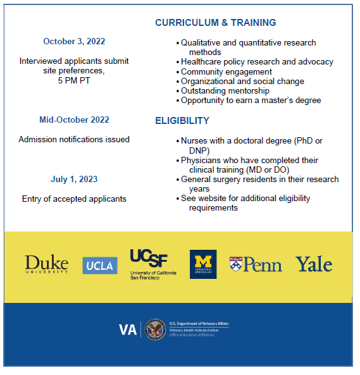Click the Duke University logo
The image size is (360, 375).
click(46, 264)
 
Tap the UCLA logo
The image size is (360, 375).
click(100, 266)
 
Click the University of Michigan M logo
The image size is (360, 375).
click(203, 264)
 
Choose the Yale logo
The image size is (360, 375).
click(314, 264)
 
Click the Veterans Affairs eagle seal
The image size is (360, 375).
click(155, 329)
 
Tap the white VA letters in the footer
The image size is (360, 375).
click(128, 330)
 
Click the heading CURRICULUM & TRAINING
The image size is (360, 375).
click(216, 23)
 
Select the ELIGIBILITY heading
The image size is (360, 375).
click(182, 121)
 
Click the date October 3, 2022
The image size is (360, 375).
click(74, 42)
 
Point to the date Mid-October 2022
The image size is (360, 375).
click(74, 120)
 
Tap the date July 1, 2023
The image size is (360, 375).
click(74, 180)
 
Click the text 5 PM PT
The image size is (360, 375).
click(74, 81)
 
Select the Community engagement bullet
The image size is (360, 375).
click(227, 72)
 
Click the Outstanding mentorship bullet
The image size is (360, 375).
click(225, 91)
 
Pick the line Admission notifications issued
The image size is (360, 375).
click(74, 139)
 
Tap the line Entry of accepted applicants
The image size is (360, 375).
click(74, 199)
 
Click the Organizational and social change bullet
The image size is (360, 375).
click(242, 82)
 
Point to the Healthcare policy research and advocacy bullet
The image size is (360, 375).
click(257, 62)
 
